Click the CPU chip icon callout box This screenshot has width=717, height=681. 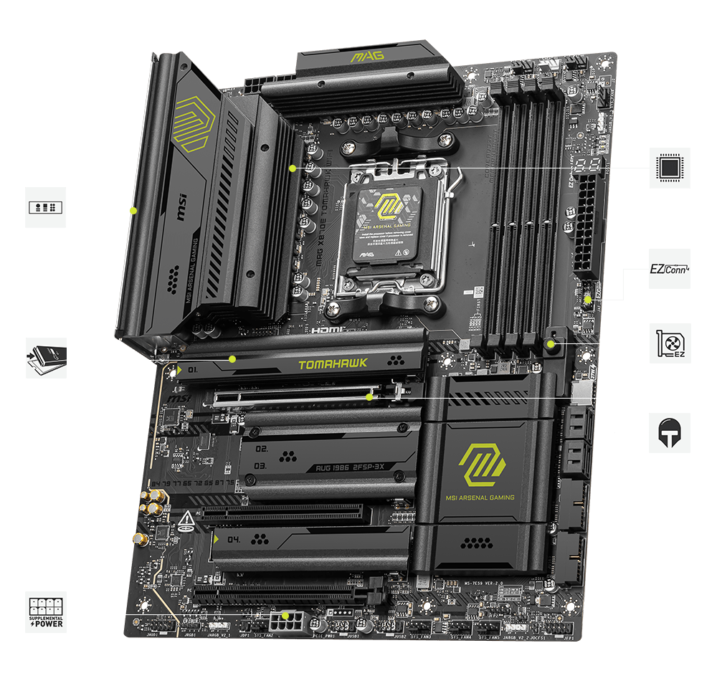point(670,168)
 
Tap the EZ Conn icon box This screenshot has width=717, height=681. point(670,269)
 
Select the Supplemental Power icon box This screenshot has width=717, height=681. point(46,611)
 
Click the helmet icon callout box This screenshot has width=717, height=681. point(670,432)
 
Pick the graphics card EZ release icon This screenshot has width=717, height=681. point(670,343)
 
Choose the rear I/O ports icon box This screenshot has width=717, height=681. point(46,208)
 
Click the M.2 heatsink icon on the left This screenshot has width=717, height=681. point(46,358)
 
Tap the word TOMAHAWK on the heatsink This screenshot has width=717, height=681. point(332,363)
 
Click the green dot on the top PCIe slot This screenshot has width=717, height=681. point(369,396)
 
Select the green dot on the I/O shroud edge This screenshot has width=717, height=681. point(133,211)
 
